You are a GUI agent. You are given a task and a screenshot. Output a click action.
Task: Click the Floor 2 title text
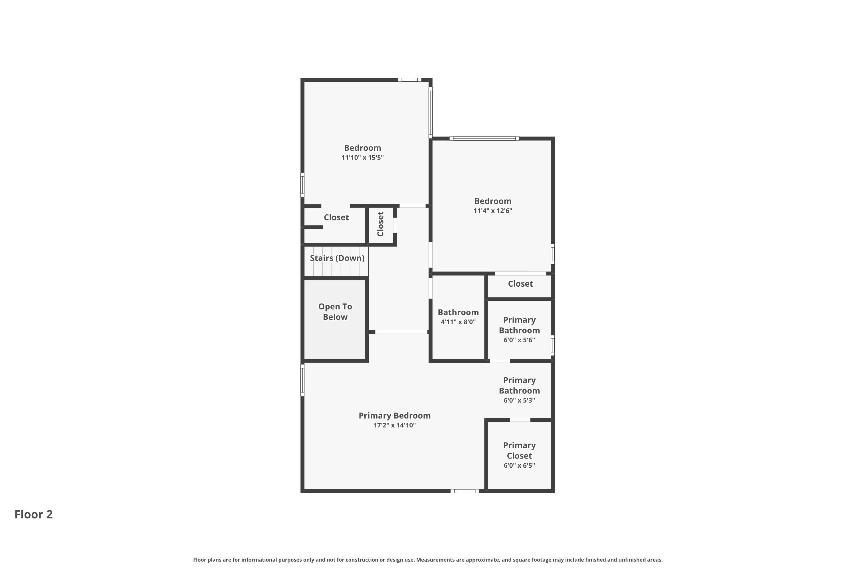tap(33, 514)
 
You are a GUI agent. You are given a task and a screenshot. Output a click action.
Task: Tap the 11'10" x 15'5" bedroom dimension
tap(362, 158)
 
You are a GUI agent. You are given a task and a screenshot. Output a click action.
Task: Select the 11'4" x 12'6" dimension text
tap(493, 211)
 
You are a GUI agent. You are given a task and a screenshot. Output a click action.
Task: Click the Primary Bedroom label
tap(395, 415)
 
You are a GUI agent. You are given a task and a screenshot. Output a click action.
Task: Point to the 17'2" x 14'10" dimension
tap(395, 425)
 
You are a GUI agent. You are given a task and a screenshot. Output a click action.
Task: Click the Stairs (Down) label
tap(337, 258)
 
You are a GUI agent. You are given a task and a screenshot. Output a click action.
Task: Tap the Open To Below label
tap(335, 312)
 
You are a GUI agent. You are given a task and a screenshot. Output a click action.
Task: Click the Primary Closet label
tap(519, 451)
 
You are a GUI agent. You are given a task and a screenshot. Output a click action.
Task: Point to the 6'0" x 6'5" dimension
tap(519, 465)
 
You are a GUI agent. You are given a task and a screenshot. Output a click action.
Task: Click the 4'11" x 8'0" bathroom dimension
tap(458, 322)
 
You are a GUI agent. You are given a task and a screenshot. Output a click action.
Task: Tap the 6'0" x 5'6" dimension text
tap(519, 340)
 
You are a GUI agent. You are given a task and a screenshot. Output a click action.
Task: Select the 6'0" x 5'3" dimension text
tap(519, 401)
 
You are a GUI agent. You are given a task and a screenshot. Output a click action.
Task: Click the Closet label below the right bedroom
tap(520, 284)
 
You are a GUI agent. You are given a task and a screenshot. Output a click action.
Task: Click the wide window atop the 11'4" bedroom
tap(484, 138)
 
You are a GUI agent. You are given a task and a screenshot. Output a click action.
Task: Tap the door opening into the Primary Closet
tap(520, 420)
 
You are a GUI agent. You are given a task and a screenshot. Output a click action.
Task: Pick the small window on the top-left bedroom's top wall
tap(409, 80)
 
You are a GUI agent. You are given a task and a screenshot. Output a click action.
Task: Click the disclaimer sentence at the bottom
tap(428, 560)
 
